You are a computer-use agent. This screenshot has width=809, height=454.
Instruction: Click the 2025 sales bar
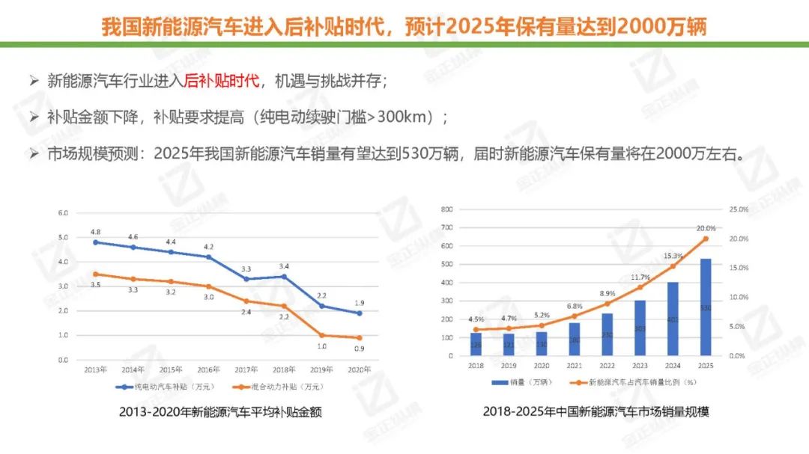[x=706, y=307]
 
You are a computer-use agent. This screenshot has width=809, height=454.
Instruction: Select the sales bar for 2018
[x=475, y=344]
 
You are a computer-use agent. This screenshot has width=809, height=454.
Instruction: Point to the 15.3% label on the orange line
[x=673, y=255]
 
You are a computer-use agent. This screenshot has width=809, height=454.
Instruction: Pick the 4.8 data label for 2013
[x=96, y=232]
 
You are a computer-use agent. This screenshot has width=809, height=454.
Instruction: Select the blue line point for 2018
[x=283, y=277]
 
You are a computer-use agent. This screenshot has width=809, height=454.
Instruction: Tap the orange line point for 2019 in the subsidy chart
[x=321, y=335]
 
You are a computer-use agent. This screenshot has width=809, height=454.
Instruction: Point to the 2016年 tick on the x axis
[x=209, y=369]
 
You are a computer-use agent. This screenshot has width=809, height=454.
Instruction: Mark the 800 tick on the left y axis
[x=448, y=209]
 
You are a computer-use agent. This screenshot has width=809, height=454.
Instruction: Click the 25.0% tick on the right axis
[x=738, y=209]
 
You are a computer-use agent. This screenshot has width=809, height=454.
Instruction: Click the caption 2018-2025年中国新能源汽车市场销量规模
[x=596, y=412]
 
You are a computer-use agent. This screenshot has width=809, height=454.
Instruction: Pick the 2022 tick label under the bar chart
[x=607, y=366]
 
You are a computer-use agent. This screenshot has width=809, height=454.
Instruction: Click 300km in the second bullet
[x=407, y=117]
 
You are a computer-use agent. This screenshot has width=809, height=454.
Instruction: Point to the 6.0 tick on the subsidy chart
[x=63, y=213]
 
